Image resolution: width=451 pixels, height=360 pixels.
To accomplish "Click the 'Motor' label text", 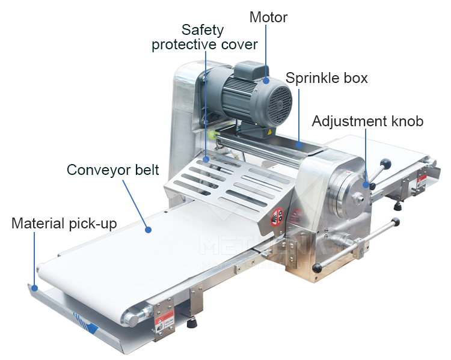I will (x=268, y=17).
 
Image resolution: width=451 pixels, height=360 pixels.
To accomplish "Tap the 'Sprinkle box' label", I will (x=327, y=78).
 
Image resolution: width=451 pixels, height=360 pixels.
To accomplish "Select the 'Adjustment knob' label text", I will (x=367, y=121).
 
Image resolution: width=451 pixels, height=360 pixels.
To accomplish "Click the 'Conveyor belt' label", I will (x=113, y=169).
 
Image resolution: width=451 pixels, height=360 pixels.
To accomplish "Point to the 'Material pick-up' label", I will (x=64, y=224).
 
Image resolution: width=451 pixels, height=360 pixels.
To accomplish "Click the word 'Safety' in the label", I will (x=203, y=29).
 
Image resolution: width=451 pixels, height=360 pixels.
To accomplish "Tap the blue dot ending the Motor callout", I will (x=266, y=79).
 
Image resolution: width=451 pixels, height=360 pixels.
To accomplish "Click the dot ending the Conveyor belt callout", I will (x=147, y=229).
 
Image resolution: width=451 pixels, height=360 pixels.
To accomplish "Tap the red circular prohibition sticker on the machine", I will (x=278, y=214).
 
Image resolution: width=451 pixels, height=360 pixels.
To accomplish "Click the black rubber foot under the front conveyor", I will (x=193, y=323).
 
